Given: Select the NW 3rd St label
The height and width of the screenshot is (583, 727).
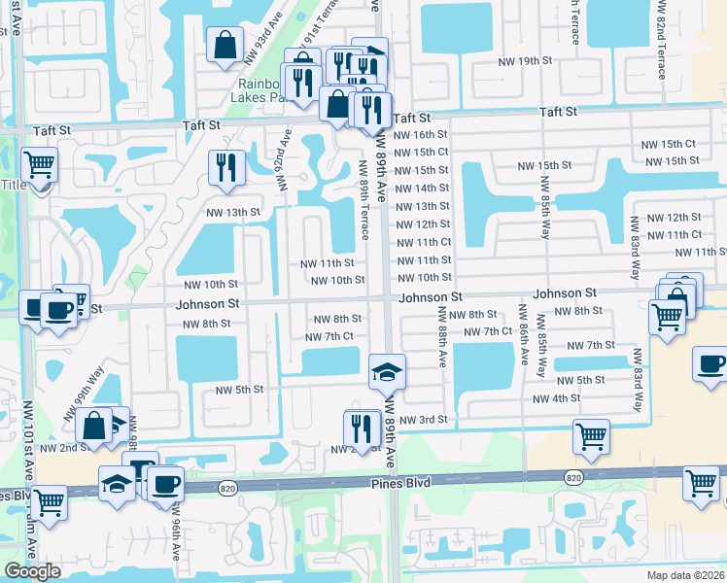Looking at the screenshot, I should pos(423,420).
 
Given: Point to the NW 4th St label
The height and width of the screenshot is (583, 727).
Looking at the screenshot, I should pos(556,398).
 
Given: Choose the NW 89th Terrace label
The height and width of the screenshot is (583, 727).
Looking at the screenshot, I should pos(363,199).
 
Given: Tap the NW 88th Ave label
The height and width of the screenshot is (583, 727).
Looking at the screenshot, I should pos(442,337).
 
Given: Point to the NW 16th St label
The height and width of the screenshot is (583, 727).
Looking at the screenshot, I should pos(423,135).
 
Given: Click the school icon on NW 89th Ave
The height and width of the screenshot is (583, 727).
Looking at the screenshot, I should pos(387,371).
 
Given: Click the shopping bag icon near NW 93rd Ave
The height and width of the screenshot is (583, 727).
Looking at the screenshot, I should pos(225,44).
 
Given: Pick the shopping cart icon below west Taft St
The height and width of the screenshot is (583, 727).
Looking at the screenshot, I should pos(39,165).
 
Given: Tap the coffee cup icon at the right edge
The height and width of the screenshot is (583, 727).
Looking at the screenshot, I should pos(710,363).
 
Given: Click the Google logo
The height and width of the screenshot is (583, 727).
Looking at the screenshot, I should pos(32,571).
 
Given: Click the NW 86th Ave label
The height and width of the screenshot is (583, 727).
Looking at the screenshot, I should pos(523,336).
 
